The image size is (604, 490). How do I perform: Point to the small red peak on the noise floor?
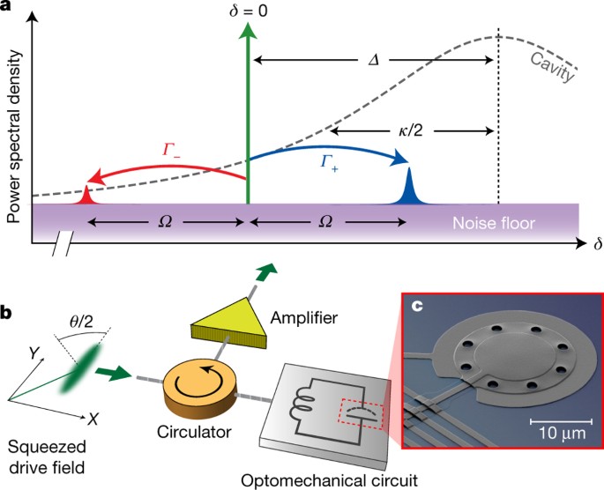pos(87,196)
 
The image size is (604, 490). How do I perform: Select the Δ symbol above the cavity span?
pos(373,63)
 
